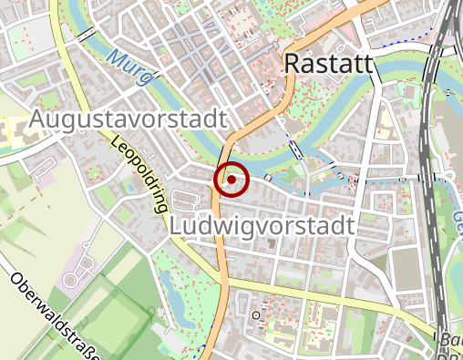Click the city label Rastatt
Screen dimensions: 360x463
329,64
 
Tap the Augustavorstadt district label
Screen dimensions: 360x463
128,119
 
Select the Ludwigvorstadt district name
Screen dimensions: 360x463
262,225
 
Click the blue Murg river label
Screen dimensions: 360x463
129,69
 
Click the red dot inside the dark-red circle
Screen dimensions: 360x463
231,180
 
